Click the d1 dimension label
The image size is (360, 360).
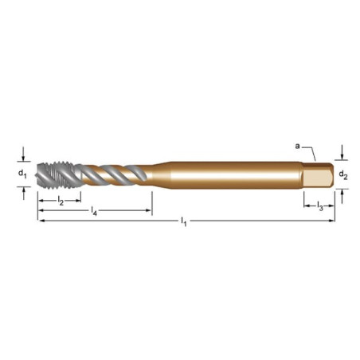pyautogui.click(x=22, y=174)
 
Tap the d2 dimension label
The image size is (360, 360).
pyautogui.click(x=343, y=175)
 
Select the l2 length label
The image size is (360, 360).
pyautogui.click(x=61, y=201)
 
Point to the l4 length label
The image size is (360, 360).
pyautogui.click(x=94, y=211)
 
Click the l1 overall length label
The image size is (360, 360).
pyautogui.click(x=184, y=221)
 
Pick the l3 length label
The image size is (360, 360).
pyautogui.click(x=320, y=205)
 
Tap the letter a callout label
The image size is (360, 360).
pyautogui.click(x=298, y=146)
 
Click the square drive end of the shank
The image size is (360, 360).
pyautogui.click(x=317, y=175)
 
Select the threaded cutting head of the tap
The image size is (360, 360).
pyautogui.click(x=59, y=175)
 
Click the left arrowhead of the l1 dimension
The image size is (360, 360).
pyautogui.click(x=41, y=221)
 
